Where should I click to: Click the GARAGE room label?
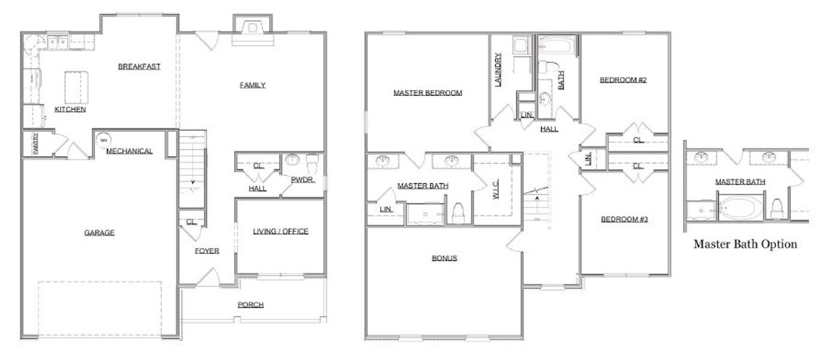99,233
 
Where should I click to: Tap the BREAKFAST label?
139,67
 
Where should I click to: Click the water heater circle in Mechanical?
103,140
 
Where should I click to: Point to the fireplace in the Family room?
253,28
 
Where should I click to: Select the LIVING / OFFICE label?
280,232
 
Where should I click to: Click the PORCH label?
250,305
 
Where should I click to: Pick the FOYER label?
206,251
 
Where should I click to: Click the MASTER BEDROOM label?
428,93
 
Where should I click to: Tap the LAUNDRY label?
498,71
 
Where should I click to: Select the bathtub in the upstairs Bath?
557,46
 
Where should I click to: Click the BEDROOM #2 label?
623,80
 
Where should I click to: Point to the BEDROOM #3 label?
624,219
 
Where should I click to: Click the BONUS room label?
444,259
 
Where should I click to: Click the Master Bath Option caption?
745,244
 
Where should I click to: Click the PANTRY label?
35,143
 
